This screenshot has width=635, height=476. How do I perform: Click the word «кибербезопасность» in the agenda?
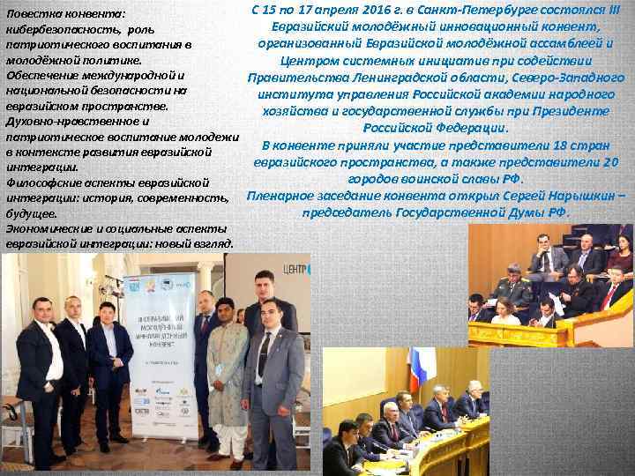(55, 29)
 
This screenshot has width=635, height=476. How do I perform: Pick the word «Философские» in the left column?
(41, 182)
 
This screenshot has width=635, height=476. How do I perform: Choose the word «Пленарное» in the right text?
(286, 195)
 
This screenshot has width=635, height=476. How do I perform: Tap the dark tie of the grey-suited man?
(263, 353)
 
